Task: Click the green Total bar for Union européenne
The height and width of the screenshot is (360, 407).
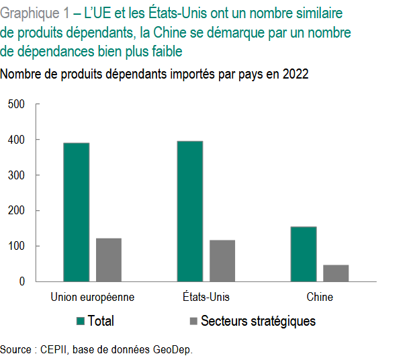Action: click(76, 212)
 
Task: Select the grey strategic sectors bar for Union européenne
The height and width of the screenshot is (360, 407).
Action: click(108, 260)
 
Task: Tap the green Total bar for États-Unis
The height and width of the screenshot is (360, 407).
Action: click(190, 212)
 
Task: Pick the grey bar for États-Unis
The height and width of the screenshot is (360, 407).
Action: click(222, 261)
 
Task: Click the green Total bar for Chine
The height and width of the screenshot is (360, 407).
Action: click(304, 255)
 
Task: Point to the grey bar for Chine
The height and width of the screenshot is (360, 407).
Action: click(336, 273)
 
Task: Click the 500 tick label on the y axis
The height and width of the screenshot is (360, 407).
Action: click(16, 104)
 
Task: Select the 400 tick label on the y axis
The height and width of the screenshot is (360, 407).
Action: click(16, 140)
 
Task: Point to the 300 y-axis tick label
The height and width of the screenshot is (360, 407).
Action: click(16, 175)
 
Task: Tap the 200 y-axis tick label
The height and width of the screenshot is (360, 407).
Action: click(16, 211)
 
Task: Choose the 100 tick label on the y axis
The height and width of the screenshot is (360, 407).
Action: click(16, 246)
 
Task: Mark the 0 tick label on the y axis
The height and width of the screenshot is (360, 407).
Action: click(21, 282)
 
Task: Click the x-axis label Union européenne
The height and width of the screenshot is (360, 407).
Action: click(93, 297)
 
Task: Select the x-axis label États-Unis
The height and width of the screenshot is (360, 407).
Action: click(206, 297)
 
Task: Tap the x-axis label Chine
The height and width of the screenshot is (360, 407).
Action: click(320, 297)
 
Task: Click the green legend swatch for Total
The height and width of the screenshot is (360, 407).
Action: click(80, 321)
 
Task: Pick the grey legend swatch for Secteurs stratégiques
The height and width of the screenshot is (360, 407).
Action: click(193, 321)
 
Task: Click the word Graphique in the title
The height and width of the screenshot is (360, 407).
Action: click(28, 13)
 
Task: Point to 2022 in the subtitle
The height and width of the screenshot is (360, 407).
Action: click(296, 75)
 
